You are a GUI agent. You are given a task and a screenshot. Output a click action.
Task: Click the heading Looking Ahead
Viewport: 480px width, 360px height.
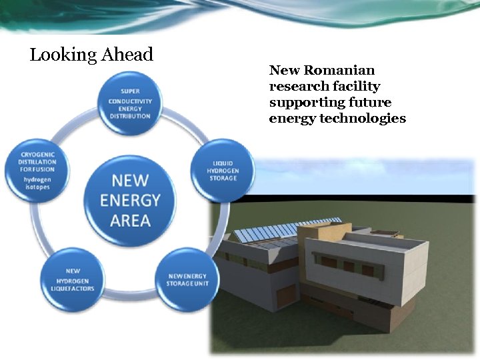click(91, 55)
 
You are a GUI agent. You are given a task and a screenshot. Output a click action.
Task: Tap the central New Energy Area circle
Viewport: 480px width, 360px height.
click(130, 200)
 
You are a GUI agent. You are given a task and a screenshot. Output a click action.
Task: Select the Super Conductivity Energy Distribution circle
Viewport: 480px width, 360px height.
click(130, 102)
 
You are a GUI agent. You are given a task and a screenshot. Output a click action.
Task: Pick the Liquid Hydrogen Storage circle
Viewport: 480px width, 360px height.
click(223, 170)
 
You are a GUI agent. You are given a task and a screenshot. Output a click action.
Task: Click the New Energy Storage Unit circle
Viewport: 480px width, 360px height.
click(187, 279)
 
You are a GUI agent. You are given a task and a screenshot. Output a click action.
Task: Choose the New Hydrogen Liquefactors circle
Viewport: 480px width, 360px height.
click(72, 279)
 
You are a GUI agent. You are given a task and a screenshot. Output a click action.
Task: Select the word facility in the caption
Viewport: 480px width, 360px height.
click(356, 86)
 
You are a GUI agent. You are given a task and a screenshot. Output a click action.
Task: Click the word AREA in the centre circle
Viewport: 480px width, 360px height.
click(130, 220)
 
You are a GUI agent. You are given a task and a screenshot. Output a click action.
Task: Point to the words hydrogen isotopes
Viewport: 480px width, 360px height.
click(37, 183)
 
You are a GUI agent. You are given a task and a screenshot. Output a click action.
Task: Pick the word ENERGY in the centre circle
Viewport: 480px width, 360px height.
click(130, 200)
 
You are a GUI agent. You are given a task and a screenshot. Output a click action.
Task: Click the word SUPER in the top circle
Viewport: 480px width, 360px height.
click(130, 91)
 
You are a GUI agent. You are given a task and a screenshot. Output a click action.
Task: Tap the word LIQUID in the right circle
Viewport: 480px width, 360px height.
click(223, 163)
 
